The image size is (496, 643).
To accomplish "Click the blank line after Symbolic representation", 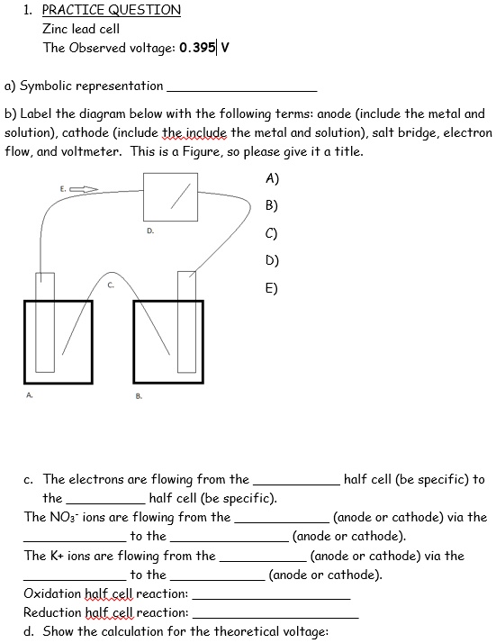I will [x=242, y=88].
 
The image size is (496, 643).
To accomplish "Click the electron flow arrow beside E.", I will [x=83, y=189].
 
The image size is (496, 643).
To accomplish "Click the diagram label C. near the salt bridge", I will [x=111, y=285].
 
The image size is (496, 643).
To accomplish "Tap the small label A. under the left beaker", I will [x=29, y=394].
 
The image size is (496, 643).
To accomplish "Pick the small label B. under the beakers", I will [x=139, y=394].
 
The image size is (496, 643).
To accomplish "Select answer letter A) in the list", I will [x=273, y=177].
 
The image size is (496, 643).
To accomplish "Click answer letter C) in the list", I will [x=272, y=233].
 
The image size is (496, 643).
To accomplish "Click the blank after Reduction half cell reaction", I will [x=275, y=614].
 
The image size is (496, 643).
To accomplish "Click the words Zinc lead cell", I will [x=81, y=29].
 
